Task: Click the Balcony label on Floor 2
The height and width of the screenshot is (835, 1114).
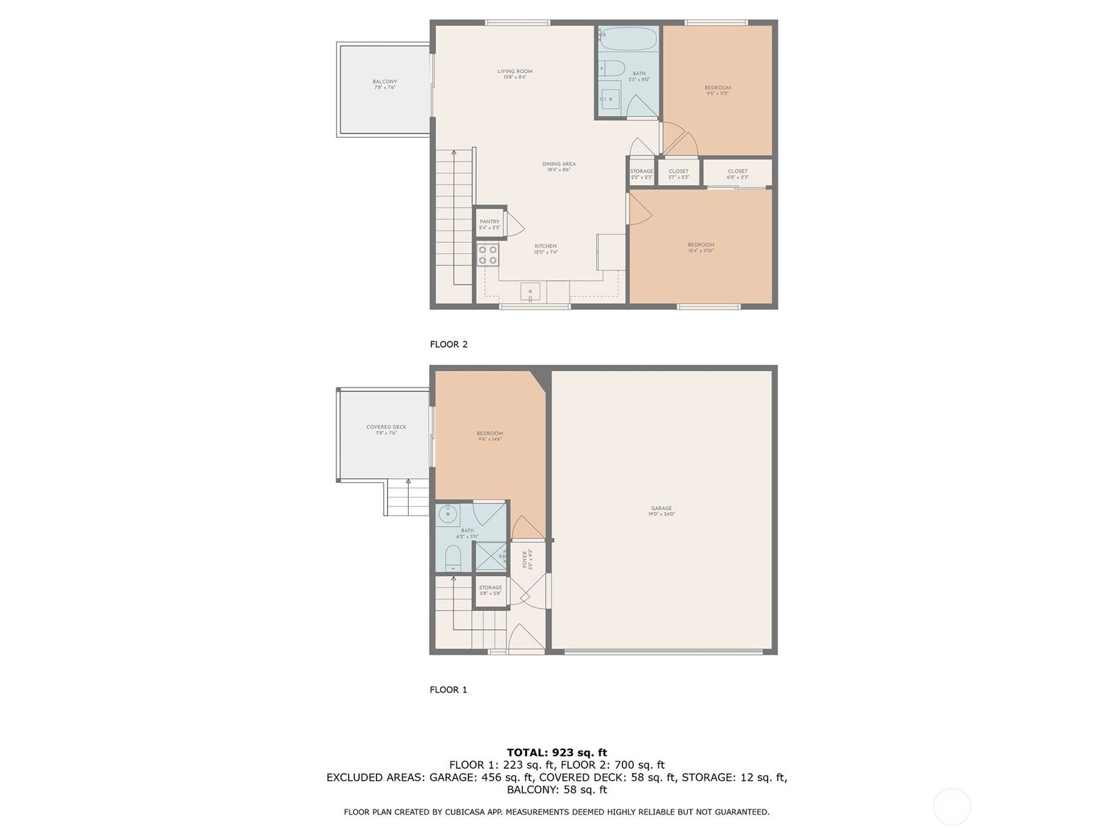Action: pos(385,84)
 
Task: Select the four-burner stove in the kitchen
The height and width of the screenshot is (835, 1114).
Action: pos(488,255)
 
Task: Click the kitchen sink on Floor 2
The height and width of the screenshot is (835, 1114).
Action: pos(531,290)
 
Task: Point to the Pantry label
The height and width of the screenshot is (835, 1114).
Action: pos(489,224)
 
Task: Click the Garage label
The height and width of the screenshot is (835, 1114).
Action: pos(661,511)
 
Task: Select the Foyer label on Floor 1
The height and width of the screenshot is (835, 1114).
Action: pos(527,559)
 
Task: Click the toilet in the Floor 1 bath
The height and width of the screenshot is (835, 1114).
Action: pos(453,558)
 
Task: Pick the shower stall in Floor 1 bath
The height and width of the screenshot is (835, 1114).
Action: pos(492,556)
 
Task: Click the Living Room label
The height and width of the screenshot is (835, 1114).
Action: pos(515,74)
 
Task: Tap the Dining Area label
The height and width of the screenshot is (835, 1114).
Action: pos(558,166)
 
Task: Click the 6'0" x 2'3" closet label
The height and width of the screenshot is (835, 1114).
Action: pos(737,173)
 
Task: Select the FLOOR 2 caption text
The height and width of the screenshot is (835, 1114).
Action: pos(448,344)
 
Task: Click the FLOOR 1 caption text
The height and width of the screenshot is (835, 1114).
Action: pos(448,690)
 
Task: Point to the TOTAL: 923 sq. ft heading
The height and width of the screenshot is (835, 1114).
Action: pos(556,752)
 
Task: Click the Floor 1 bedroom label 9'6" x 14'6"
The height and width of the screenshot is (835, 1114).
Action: pos(489,436)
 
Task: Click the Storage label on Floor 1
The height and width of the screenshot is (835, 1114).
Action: pos(490,590)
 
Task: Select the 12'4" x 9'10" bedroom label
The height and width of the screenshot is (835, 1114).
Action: pos(700,247)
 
